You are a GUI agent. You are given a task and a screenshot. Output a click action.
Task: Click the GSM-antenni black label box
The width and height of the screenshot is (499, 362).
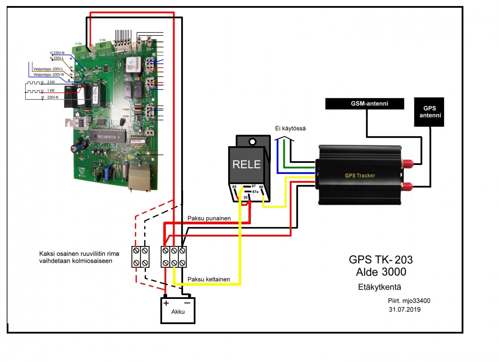point(364,104)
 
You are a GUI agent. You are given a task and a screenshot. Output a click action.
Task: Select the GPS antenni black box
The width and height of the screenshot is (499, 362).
point(429,112)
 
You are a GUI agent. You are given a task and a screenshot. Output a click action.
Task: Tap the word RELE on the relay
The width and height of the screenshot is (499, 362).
point(246,164)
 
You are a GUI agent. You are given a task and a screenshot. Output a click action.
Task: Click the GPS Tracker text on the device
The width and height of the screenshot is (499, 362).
point(360,175)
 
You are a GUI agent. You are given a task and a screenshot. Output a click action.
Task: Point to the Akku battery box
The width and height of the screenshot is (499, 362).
point(178,311)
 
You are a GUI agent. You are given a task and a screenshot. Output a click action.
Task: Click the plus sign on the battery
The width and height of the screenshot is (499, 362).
point(166,303)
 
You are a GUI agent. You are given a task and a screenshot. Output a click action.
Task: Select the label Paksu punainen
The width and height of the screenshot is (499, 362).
point(209,218)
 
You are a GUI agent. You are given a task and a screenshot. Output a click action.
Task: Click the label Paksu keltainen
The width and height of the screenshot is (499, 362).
point(209,279)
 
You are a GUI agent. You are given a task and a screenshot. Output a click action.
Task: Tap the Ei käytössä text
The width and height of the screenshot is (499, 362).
point(290,128)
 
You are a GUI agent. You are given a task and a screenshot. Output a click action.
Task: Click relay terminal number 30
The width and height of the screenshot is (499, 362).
point(245,197)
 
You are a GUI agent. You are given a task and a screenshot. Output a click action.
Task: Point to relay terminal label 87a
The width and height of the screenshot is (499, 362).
point(255,192)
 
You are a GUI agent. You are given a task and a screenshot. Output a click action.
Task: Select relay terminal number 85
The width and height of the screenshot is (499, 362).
point(234,187)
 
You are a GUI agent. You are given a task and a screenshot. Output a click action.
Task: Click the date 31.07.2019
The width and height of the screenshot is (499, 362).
point(405,309)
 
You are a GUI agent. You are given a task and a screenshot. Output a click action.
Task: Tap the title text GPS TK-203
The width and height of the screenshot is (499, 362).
point(381,259)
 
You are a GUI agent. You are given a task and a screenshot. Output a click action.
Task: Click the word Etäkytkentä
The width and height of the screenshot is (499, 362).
point(380,287)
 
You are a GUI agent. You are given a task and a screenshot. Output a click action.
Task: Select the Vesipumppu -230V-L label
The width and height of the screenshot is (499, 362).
point(48,69)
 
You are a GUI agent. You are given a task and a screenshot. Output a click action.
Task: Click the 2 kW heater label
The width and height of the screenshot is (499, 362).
point(51,82)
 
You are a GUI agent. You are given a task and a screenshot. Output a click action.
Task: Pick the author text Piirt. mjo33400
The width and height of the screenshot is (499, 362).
point(409,301)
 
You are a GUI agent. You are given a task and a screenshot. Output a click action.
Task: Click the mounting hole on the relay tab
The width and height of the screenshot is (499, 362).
point(253,142)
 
